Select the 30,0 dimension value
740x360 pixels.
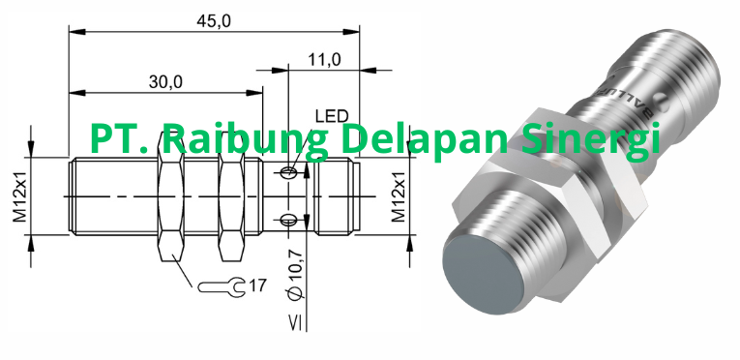[165, 82]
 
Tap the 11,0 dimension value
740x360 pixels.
[324, 60]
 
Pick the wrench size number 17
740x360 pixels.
[257, 285]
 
